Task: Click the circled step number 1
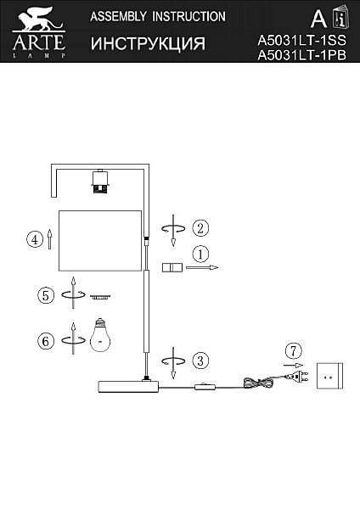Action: point(200,255)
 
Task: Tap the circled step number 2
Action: point(200,228)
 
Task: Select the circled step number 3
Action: point(200,361)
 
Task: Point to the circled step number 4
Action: point(35,239)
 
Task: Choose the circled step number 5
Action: point(46,296)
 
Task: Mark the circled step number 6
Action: point(46,342)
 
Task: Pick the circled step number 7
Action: point(293,351)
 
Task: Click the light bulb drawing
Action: point(100,335)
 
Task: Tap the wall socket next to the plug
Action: point(329,376)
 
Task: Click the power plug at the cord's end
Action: point(295,377)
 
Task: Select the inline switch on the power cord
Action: point(205,387)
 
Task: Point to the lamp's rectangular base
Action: point(128,387)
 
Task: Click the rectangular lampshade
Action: point(100,241)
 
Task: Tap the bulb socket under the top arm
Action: point(100,182)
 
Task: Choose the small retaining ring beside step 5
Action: point(100,297)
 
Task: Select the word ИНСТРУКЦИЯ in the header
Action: point(148,43)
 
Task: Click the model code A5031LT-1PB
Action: point(302,55)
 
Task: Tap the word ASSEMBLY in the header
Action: point(118,17)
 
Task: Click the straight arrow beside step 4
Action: point(49,239)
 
